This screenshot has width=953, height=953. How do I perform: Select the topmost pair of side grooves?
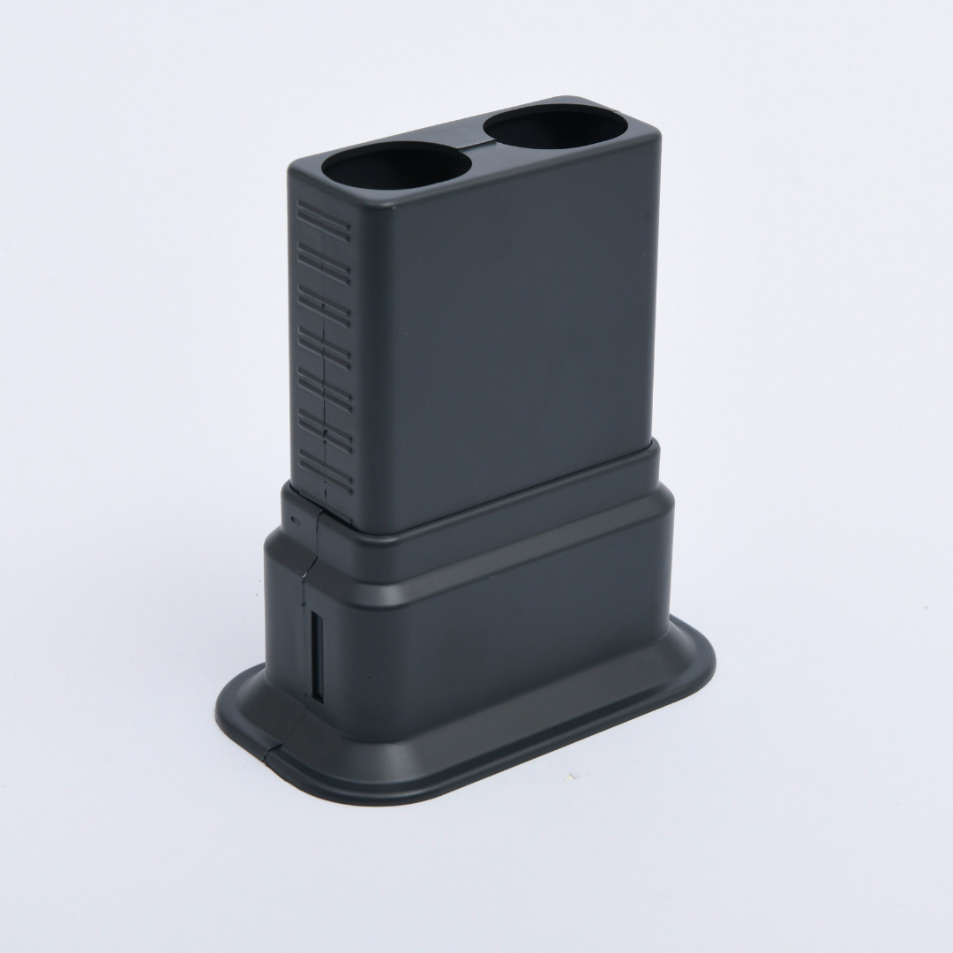click(x=323, y=216)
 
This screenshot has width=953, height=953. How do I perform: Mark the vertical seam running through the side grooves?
click(x=325, y=397)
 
